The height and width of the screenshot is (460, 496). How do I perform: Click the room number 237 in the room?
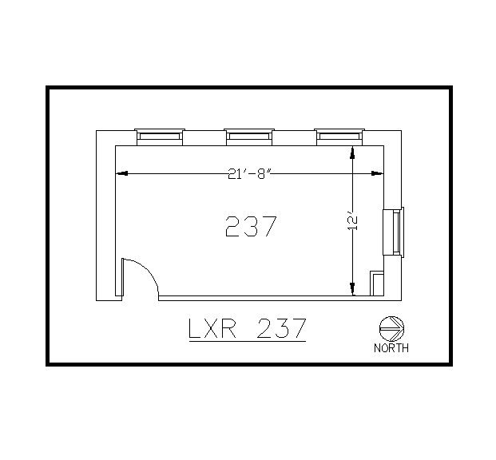[x=251, y=228]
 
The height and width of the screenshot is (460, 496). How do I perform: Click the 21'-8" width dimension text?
[x=250, y=173]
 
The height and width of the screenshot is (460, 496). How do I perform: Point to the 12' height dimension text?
[x=353, y=222]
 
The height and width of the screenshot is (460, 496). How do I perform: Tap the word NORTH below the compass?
[x=391, y=347]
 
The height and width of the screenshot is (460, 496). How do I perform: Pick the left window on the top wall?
[x=160, y=136]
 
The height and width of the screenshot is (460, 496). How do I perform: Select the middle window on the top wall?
[x=250, y=136]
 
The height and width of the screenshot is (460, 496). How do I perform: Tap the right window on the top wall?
[x=340, y=136]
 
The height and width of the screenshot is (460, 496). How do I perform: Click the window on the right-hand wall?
[x=393, y=232]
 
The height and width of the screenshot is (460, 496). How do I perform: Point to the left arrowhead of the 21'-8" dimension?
[x=122, y=173]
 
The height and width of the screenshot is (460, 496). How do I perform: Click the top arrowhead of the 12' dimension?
[x=353, y=152]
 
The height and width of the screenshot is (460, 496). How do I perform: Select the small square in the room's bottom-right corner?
[x=376, y=284]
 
